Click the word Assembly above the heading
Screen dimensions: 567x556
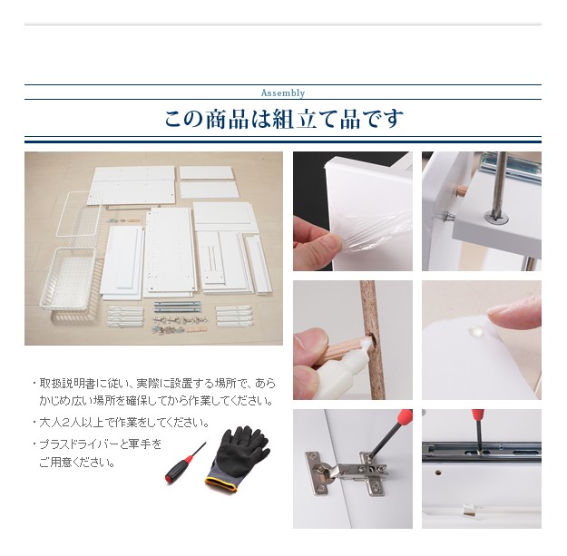pyautogui.click(x=283, y=93)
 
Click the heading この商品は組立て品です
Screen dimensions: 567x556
pyautogui.click(x=283, y=120)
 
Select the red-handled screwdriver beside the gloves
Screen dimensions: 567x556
pyautogui.click(x=185, y=463)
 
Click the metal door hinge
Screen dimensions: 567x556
pyautogui.click(x=347, y=473)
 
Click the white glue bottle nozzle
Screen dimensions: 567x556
pyautogui.click(x=366, y=345)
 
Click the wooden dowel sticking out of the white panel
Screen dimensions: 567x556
pyautogui.click(x=461, y=190)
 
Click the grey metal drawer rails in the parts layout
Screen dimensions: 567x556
pyautogui.click(x=177, y=307)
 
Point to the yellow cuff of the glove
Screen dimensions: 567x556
pyautogui.click(x=221, y=484)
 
